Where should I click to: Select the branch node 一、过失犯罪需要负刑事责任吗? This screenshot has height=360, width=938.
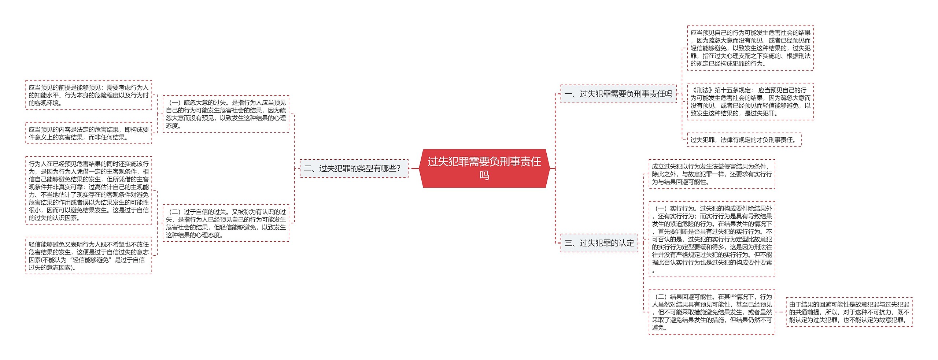618,94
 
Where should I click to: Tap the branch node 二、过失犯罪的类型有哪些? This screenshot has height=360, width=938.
354,168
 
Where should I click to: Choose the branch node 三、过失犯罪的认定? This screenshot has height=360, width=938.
599,243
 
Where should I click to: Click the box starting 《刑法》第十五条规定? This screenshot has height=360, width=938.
750,101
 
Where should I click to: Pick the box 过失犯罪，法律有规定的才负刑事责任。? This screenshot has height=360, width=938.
744,140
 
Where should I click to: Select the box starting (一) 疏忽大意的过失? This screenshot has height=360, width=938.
226,114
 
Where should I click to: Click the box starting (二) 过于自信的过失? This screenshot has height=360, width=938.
226,223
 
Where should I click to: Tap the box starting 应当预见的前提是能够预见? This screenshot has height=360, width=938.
89,95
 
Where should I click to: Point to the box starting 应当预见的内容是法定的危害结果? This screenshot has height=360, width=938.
89,133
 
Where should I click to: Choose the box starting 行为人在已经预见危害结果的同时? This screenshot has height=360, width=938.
89,190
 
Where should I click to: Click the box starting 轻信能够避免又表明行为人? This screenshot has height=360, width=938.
89,256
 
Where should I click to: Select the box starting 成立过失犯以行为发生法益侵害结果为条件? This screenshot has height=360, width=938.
712,174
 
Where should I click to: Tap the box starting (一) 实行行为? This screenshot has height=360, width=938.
712,239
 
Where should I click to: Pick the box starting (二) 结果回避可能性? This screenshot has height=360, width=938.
712,312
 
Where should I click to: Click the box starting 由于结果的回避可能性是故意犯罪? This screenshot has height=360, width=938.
849,312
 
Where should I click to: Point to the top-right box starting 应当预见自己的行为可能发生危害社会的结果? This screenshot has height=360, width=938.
750,48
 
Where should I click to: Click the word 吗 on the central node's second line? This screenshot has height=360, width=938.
484,175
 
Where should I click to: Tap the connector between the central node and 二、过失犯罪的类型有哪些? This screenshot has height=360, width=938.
414,168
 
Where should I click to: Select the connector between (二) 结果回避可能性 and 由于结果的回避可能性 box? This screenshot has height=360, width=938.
780,312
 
